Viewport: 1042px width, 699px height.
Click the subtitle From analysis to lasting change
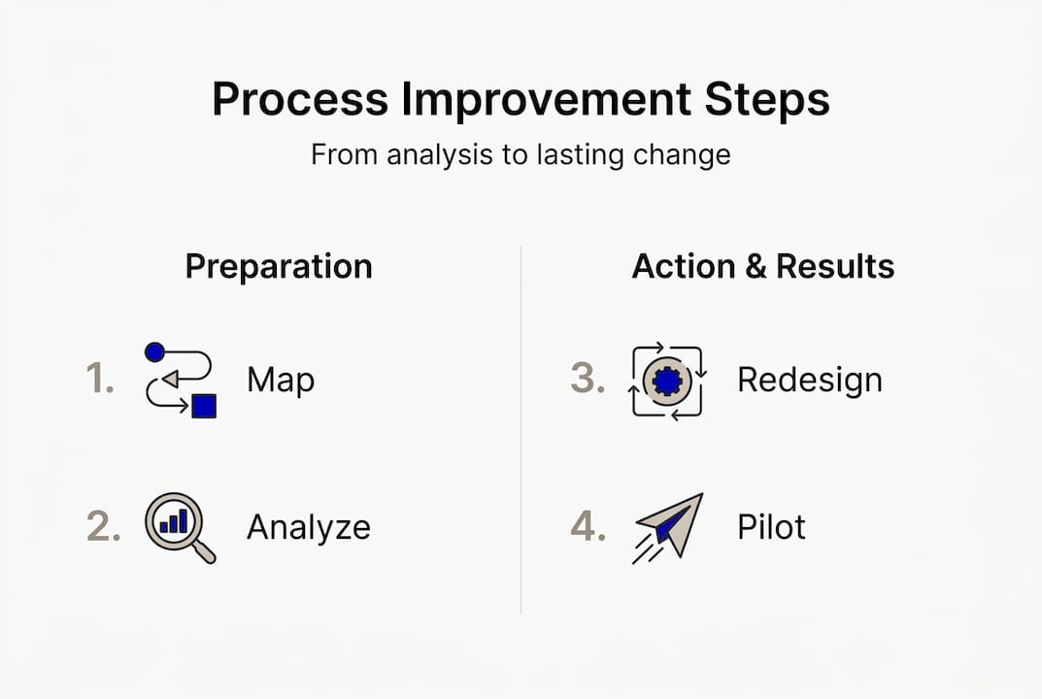(521, 154)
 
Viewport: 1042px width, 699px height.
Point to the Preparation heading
(279, 266)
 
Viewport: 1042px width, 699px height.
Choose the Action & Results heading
(763, 266)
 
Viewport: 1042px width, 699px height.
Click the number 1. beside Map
(99, 380)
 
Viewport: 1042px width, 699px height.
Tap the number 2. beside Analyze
(101, 526)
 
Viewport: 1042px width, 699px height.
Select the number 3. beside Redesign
(587, 380)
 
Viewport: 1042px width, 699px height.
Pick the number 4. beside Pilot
(588, 526)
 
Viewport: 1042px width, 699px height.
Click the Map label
(281, 380)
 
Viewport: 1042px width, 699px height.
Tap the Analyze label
(308, 527)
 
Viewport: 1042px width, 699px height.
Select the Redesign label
(809, 380)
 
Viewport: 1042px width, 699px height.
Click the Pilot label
(771, 527)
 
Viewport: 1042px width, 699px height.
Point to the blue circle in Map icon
(154, 352)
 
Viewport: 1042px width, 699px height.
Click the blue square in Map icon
(203, 406)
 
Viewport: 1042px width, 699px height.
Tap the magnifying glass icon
(178, 526)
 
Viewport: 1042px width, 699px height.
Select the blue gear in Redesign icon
(668, 380)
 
